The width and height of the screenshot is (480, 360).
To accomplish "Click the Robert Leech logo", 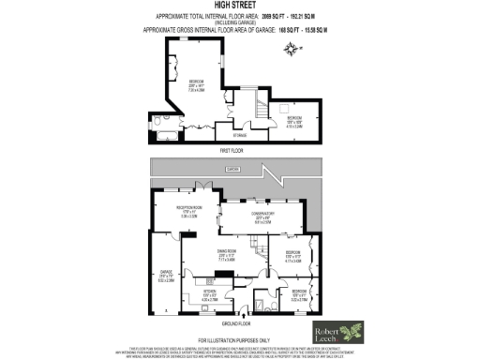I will (x=339, y=333).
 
